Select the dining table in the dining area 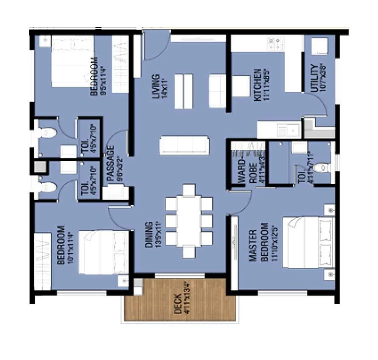click(x=189, y=221)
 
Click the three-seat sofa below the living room click(x=184, y=145)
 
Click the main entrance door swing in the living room click(x=155, y=47)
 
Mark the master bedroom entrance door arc click(x=240, y=202)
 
